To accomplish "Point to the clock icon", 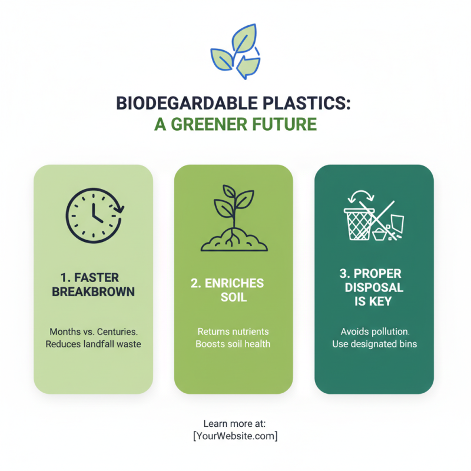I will click(94, 215).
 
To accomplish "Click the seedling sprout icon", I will click(233, 219).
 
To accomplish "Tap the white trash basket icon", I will click(360, 223).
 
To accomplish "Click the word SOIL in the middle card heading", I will click(233, 298).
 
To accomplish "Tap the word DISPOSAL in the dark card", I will click(374, 288).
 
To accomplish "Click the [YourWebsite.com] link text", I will click(235, 436).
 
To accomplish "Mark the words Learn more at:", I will click(235, 424).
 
